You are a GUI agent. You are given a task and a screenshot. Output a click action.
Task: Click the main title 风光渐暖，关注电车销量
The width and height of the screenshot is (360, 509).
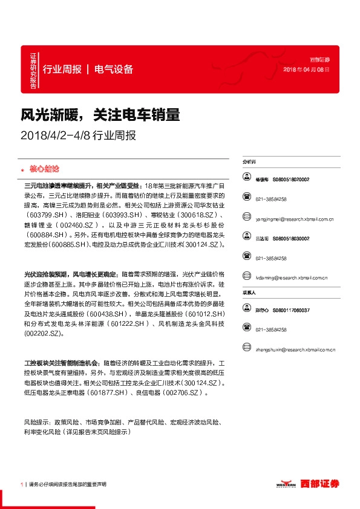[101, 114]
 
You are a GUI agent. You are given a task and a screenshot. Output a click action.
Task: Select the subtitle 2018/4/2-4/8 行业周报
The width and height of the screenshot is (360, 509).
[79, 135]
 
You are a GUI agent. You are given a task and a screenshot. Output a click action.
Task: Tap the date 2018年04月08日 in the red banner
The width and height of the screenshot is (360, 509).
[307, 70]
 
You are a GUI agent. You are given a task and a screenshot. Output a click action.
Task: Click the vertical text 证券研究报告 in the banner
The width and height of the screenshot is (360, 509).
[33, 70]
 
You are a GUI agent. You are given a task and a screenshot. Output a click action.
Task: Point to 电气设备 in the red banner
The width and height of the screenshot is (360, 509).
[114, 70]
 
